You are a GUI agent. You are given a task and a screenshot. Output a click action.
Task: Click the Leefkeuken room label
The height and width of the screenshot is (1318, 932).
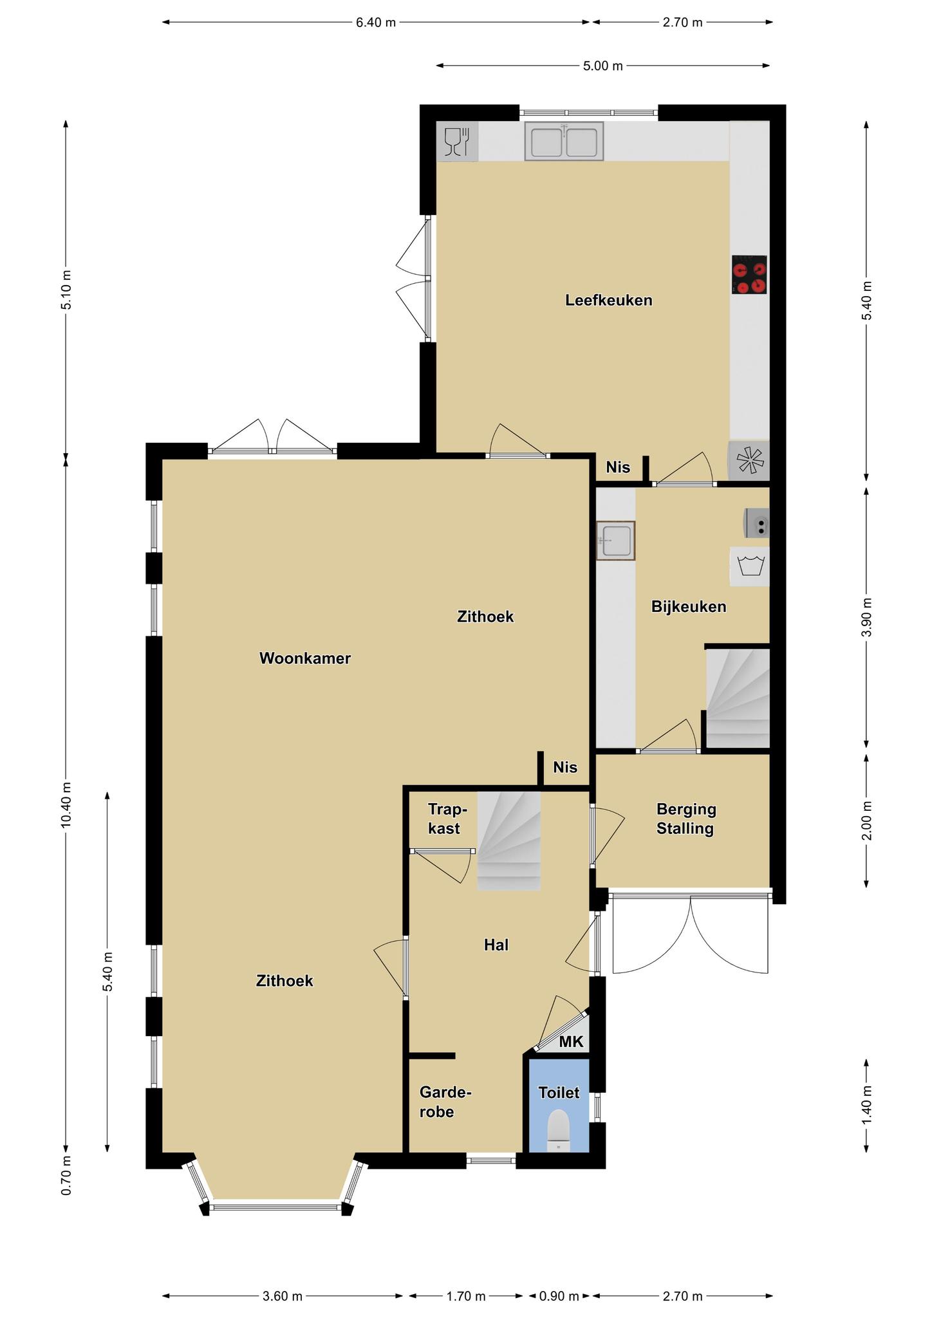coord(608,300)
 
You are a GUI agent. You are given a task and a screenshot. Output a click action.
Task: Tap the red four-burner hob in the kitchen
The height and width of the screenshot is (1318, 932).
coord(749,275)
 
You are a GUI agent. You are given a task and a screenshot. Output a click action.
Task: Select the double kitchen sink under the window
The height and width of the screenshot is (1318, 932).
coord(564,141)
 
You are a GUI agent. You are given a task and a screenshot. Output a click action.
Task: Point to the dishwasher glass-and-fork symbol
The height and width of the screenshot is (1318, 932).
coord(458,142)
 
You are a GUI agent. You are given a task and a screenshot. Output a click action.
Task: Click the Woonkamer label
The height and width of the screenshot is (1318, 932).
coord(304,658)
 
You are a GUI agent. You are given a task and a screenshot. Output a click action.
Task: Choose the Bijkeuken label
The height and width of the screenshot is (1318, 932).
coord(689,606)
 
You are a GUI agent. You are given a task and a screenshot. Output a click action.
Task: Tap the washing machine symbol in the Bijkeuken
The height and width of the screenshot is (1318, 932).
coord(749,566)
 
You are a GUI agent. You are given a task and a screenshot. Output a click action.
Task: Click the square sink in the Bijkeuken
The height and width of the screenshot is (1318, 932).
coord(615,541)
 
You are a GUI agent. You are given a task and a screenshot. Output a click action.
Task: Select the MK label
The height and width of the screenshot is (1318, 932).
coord(571,1042)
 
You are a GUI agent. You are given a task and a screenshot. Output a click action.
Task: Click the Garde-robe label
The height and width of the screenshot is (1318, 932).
coord(445,1101)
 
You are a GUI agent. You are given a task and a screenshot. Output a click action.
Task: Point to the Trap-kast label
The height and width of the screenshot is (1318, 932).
coord(447,819)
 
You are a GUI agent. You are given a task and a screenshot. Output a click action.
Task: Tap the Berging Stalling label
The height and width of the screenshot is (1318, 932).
coord(686,819)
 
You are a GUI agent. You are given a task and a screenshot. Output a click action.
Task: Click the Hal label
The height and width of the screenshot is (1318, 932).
coord(496,945)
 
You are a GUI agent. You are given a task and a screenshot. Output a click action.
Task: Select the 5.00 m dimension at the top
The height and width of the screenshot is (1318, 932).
coord(603,66)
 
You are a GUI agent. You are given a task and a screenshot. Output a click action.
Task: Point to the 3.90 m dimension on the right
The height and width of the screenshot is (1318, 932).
coord(867,617)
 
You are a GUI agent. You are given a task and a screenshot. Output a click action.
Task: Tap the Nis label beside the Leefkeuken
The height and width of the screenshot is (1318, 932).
coord(618,467)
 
